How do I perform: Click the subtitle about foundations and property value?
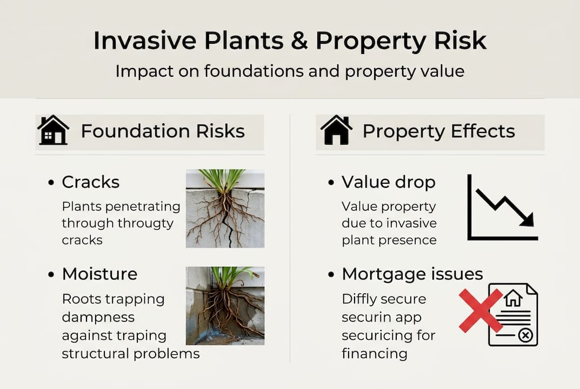(290, 71)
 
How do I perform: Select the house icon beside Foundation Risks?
(53, 130)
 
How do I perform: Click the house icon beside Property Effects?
(336, 130)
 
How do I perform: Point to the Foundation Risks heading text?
(163, 131)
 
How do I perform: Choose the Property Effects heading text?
(438, 131)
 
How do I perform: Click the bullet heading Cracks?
(90, 182)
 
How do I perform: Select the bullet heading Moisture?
(99, 274)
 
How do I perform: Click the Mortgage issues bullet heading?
(412, 274)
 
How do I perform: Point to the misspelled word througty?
(144, 223)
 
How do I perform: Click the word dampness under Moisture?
(98, 317)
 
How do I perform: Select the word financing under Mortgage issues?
(374, 354)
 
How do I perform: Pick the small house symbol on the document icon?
(512, 298)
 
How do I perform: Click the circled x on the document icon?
(524, 336)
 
